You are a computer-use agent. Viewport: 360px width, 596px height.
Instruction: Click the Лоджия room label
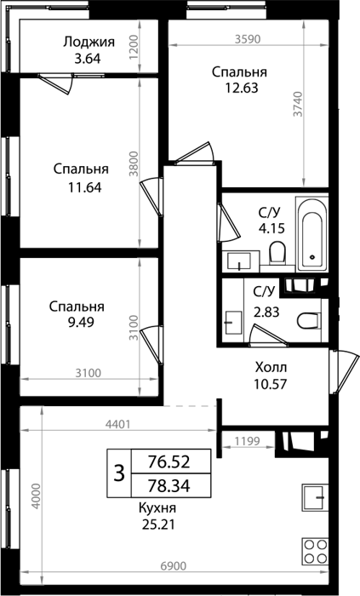pyautogui.click(x=89, y=42)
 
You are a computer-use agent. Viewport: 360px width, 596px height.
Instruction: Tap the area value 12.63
pyautogui.click(x=242, y=88)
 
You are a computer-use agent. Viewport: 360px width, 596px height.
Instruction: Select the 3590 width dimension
pyautogui.click(x=247, y=39)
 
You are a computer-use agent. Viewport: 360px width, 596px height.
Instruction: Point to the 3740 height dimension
pyautogui.click(x=299, y=104)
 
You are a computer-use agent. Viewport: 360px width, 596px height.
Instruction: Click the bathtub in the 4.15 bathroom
pyautogui.click(x=312, y=234)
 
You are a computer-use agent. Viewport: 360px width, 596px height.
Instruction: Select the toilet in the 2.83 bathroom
pyautogui.click(x=308, y=321)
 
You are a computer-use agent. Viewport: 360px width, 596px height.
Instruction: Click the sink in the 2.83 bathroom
pyautogui.click(x=233, y=323)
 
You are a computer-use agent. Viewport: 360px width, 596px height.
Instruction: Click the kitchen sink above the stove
pyautogui.click(x=315, y=497)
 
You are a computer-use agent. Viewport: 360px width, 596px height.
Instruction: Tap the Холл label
pyautogui.click(x=271, y=368)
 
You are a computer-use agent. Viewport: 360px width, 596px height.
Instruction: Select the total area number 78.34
pyautogui.click(x=169, y=485)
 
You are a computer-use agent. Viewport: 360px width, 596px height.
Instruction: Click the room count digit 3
pyautogui.click(x=119, y=474)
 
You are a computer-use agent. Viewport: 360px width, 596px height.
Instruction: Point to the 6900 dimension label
pyautogui.click(x=174, y=566)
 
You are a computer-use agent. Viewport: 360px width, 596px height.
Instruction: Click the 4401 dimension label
pyautogui.click(x=118, y=424)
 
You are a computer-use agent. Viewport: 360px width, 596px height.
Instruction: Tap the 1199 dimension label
pyautogui.click(x=247, y=441)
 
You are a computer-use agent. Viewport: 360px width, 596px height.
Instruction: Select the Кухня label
pyautogui.click(x=157, y=507)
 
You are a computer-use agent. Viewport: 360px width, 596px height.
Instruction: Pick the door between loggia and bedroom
pyautogui.click(x=56, y=83)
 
